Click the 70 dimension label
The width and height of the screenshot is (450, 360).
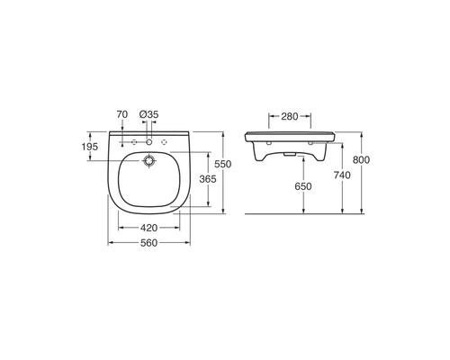pyautogui.click(x=122, y=114)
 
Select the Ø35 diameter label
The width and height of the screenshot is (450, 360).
pyautogui.click(x=148, y=114)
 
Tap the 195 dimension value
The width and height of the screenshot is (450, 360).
pyautogui.click(x=90, y=147)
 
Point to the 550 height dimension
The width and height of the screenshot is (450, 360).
pyautogui.click(x=223, y=164)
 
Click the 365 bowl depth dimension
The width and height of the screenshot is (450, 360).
pyautogui.click(x=208, y=179)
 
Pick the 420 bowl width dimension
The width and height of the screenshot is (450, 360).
pyautogui.click(x=148, y=228)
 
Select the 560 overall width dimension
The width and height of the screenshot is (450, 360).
pyautogui.click(x=148, y=243)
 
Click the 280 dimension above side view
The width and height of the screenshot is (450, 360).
pyautogui.click(x=290, y=116)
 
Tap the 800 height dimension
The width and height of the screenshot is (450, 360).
pyautogui.click(x=361, y=160)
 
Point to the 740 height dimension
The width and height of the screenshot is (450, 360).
pyautogui.click(x=342, y=175)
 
